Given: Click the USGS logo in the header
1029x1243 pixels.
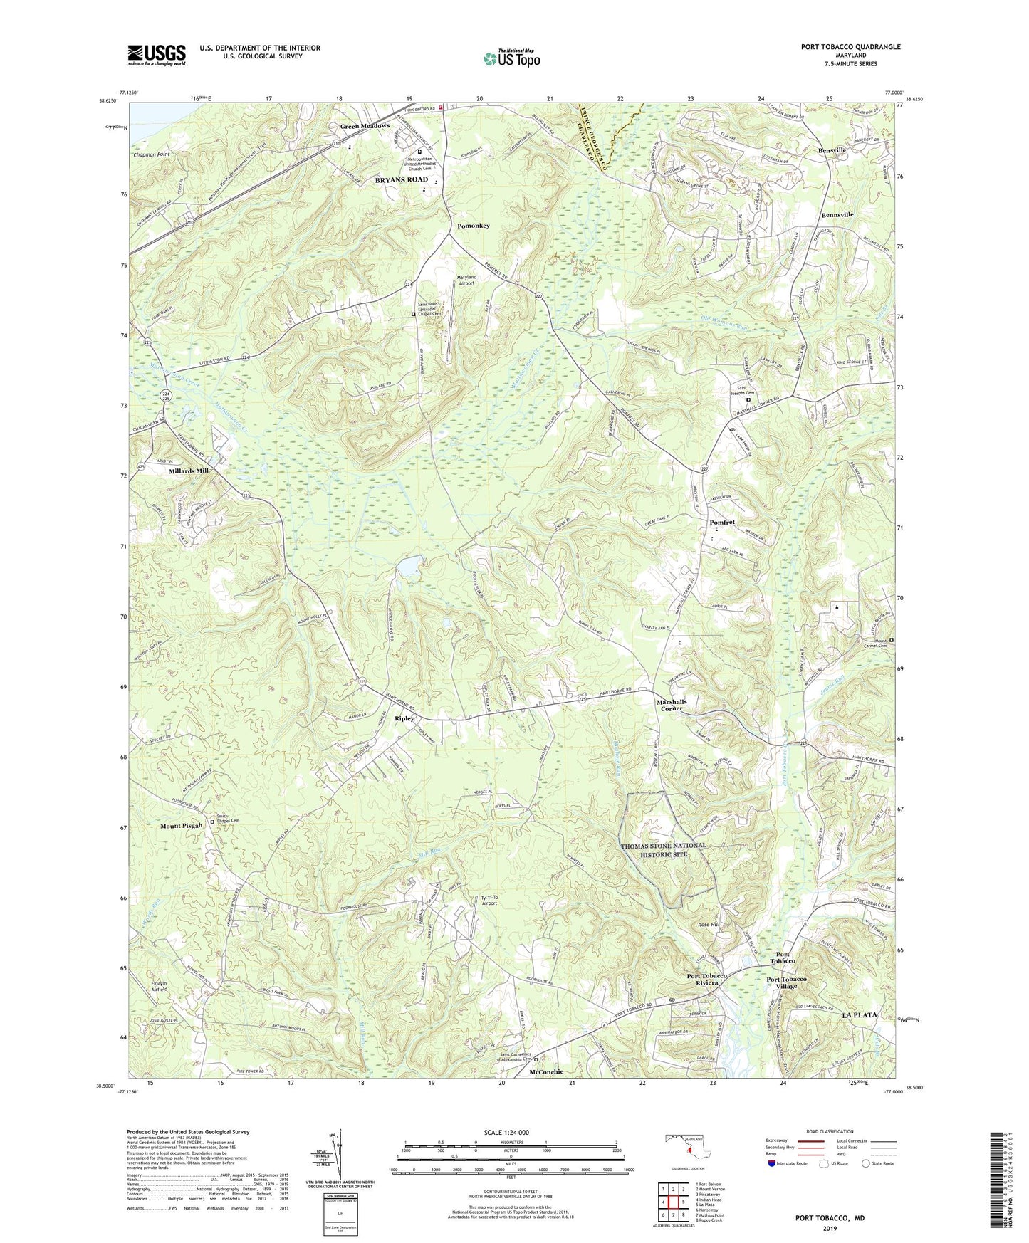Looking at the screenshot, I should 157,54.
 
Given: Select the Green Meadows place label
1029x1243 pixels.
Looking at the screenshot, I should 365,126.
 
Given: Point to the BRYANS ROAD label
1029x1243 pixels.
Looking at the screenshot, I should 402,180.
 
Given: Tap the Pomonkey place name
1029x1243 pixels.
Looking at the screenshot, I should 473,226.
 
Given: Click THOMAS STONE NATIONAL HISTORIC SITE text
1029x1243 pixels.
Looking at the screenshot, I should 664,849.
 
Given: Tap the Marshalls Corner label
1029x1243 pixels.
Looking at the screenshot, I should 672,705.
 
